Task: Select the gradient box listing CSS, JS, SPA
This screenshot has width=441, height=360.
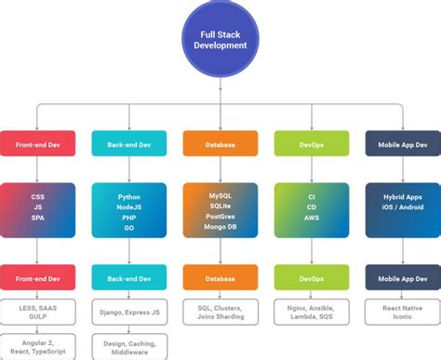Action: [37, 208]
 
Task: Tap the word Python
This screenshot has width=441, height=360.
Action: [129, 197]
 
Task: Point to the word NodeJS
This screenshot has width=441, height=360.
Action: [129, 208]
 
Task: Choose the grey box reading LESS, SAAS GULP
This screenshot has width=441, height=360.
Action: [37, 311]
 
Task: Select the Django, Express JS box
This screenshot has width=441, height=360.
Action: [129, 311]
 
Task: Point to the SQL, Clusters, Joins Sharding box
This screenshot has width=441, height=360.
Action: [220, 311]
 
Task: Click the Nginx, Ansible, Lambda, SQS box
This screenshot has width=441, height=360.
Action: [311, 311]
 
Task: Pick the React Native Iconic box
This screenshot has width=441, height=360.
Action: [402, 311]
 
